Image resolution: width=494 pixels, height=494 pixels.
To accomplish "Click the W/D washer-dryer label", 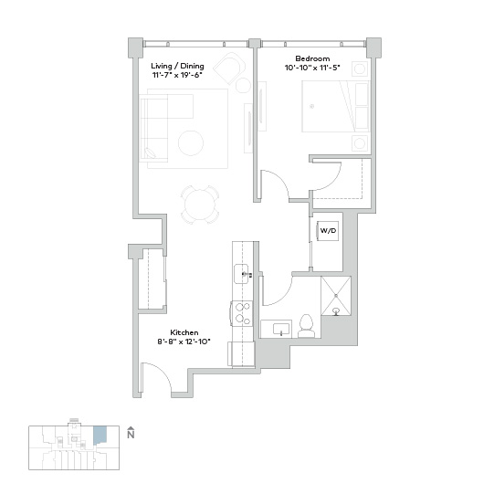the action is click(328, 231).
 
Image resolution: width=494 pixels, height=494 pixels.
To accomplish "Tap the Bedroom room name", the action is click(312, 58).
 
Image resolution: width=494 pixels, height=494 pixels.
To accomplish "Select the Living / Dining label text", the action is click(177, 66).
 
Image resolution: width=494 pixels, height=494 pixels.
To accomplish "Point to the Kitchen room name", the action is click(184, 332).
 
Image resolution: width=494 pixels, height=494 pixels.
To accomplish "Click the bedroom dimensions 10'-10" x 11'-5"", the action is click(312, 68).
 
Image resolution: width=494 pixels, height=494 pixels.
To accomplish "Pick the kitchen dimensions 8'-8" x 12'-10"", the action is click(184, 342).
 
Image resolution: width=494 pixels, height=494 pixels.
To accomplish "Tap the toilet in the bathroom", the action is click(306, 326).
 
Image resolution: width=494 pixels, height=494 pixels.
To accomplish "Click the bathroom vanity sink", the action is click(281, 330).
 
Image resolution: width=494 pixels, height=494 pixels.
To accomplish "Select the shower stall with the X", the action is click(336, 296).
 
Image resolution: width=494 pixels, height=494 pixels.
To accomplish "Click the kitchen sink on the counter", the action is click(242, 274).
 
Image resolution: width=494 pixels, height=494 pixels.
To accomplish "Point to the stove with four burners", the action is click(242, 313).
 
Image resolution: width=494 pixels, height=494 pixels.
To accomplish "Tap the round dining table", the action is click(200, 205).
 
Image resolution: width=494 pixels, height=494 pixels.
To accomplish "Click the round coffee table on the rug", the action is click(191, 143).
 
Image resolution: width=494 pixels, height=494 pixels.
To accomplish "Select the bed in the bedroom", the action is click(335, 106).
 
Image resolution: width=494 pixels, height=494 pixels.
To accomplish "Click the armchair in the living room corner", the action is click(230, 68).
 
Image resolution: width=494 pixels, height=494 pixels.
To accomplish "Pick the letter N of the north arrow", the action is click(131, 435).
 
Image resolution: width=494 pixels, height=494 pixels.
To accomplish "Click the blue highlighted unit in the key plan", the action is click(100, 435).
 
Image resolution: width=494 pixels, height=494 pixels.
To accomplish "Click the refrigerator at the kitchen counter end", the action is click(241, 353).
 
